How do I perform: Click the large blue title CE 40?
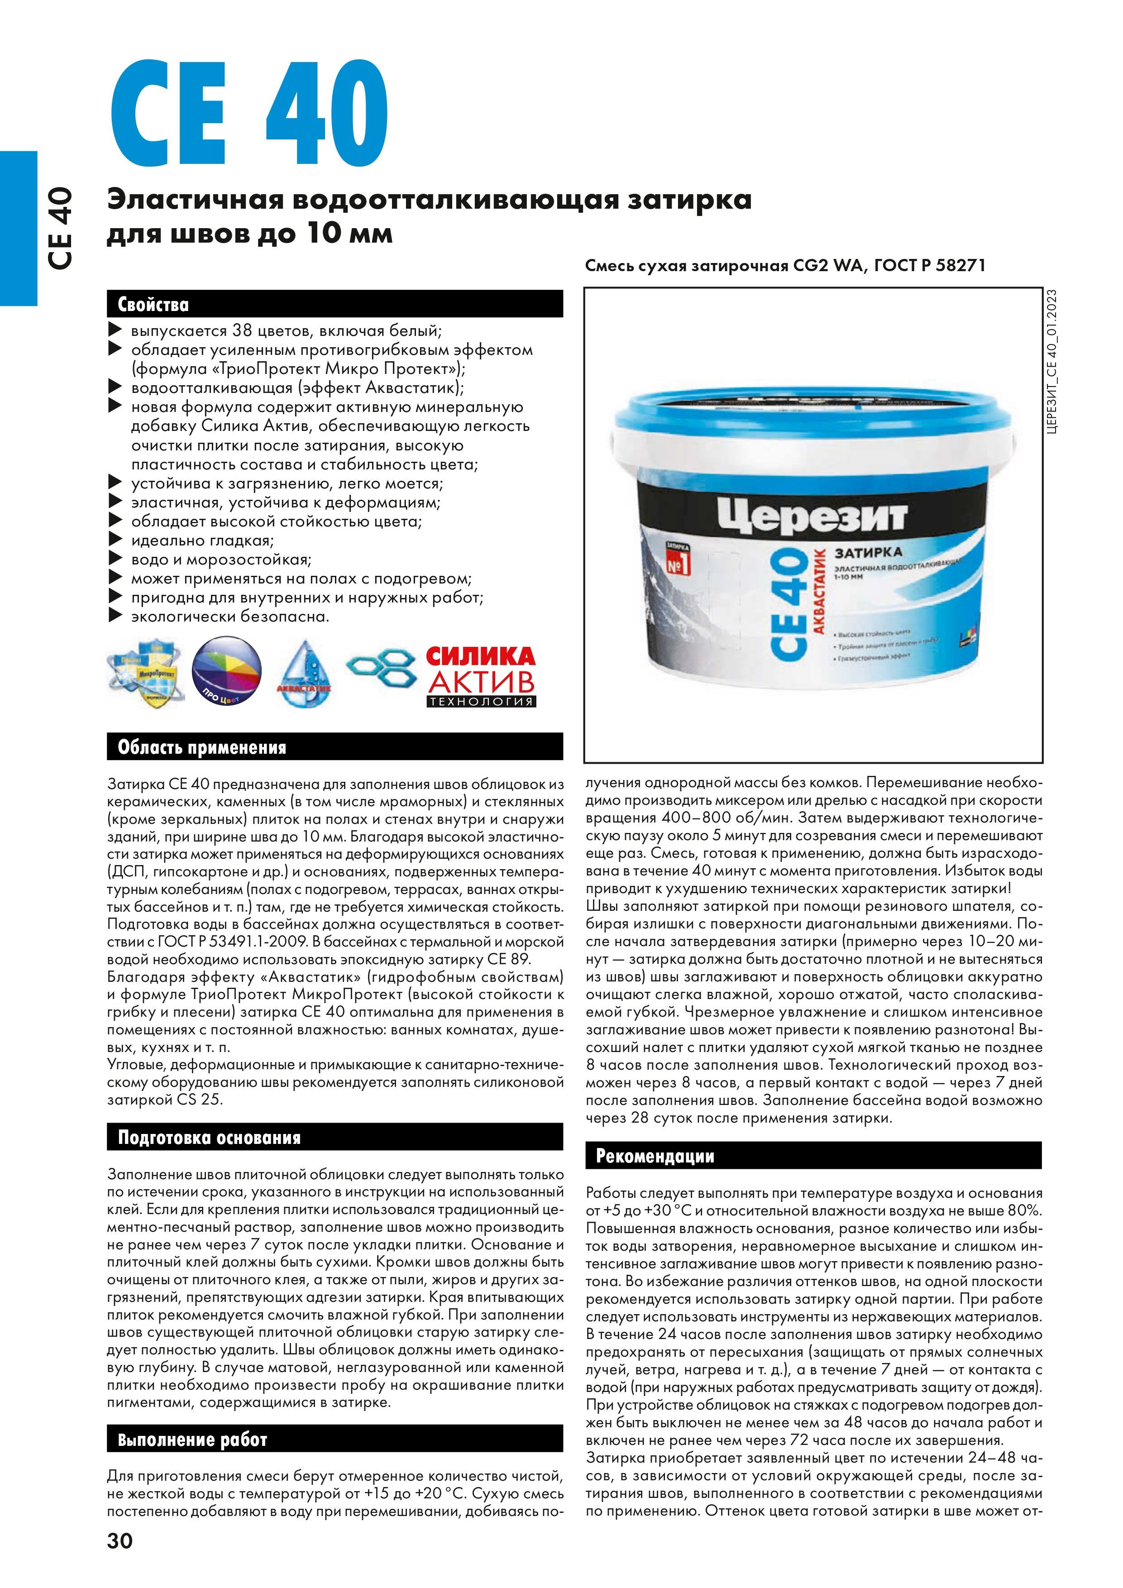pyautogui.click(x=249, y=115)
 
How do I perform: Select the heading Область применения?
pyautogui.click(x=202, y=748)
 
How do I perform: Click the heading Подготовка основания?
pyautogui.click(x=210, y=1138)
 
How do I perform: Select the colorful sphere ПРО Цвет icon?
pyautogui.click(x=227, y=674)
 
